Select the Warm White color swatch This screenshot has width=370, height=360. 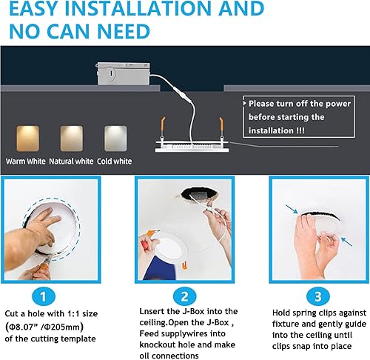[x=27, y=138]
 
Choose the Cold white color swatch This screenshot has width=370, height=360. [x=115, y=138]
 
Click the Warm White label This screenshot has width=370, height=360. [x=26, y=161]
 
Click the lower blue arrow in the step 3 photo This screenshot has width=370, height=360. [x=345, y=240]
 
